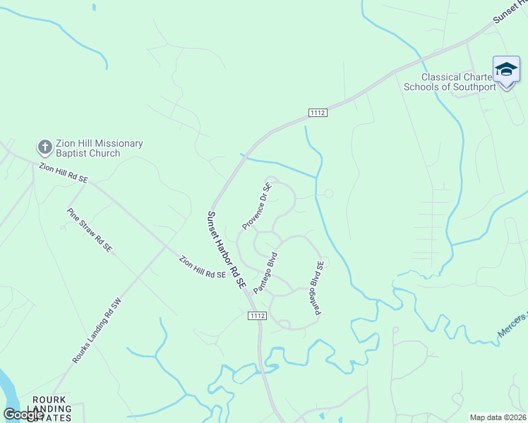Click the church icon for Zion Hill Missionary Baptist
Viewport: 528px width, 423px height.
coord(44,147)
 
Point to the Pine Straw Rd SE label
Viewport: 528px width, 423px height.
coord(90,230)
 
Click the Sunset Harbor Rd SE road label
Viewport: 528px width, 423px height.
coord(226,251)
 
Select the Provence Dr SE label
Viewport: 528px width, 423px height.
coord(257,207)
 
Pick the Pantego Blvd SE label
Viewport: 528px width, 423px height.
coord(316,288)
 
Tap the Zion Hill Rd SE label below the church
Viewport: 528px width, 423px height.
coord(64,173)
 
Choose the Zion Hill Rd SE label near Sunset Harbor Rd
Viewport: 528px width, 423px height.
coord(203,266)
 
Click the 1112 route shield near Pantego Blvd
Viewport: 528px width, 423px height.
coord(258,317)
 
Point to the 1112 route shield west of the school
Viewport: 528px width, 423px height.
coord(318,112)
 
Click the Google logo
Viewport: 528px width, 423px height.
coord(23,415)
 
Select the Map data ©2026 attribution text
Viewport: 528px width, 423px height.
coord(498,417)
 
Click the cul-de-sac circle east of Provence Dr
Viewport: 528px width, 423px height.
coord(328,193)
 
